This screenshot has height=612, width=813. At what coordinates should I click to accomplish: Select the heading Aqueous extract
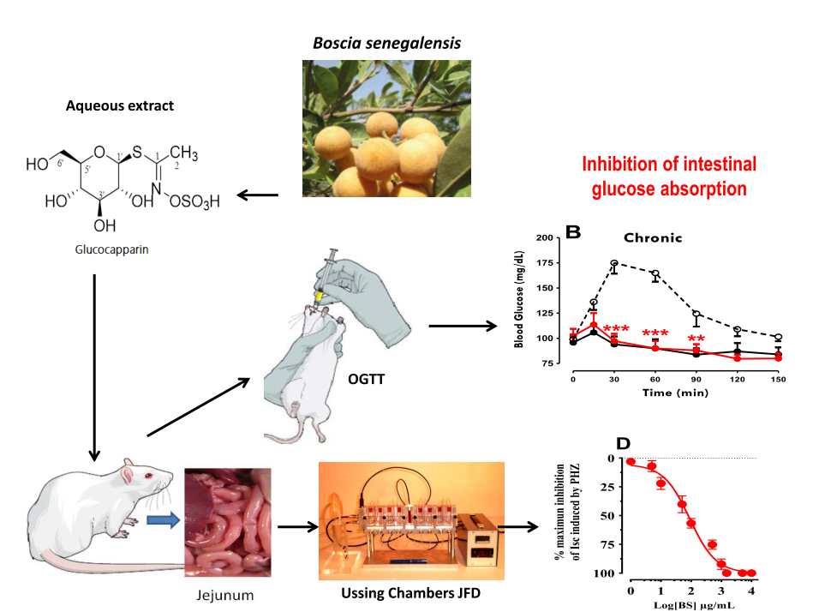pos(119,105)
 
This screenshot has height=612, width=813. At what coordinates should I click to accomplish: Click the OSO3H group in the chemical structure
pos(196,202)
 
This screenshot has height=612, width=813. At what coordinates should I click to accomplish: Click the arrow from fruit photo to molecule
pos(256,195)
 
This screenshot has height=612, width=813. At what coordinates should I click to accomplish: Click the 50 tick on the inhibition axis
pos(612,515)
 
